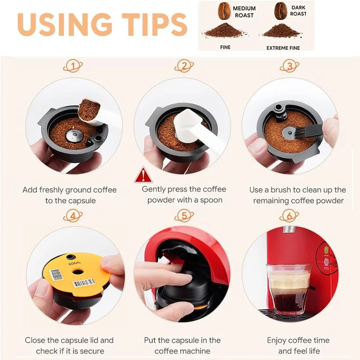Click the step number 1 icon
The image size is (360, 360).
(x=73, y=66)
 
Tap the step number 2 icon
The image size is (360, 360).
(x=184, y=66)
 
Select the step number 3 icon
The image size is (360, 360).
(x=289, y=66)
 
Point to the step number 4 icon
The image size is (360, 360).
(x=73, y=216)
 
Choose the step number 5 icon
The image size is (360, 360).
(x=184, y=216)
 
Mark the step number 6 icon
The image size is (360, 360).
(x=289, y=216)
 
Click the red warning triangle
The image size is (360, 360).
(x=143, y=175)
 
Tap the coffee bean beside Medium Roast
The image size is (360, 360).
(x=224, y=11)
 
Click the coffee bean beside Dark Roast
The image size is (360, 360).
(x=280, y=11)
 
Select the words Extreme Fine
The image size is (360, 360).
(x=283, y=48)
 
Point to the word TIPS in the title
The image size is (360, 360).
(x=154, y=24)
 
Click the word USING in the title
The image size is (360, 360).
(x=65, y=24)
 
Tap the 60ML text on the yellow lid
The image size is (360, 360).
(x=75, y=264)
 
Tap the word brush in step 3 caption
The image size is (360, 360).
(x=281, y=190)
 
